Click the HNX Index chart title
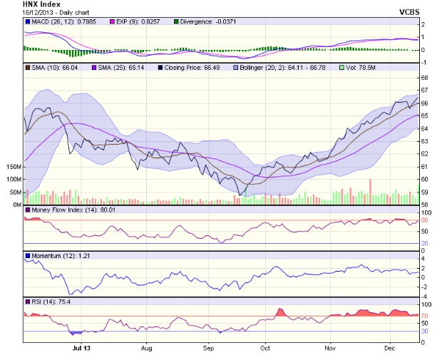coord(41,4)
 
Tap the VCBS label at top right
coord(410,13)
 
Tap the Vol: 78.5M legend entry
coord(362,66)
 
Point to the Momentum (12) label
coord(53,254)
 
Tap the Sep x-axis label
coord(209,349)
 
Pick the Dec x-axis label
coord(389,349)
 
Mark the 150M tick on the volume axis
coord(12,166)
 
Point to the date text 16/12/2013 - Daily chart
coord(53,13)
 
